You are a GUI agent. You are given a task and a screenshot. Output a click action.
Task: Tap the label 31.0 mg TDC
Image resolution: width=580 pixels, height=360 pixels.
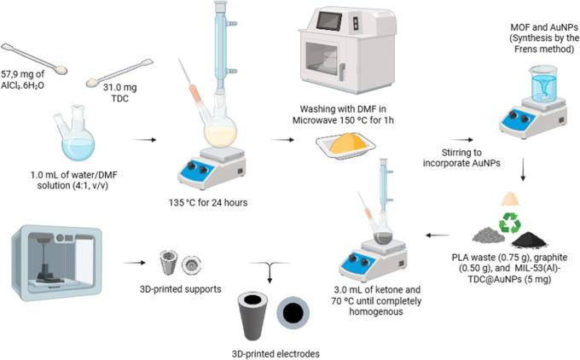tap(120, 93)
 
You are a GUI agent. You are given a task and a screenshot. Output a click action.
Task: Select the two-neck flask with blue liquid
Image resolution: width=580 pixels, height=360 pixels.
tap(75, 132)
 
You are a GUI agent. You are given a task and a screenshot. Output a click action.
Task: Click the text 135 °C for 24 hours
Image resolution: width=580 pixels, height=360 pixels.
tap(208, 202)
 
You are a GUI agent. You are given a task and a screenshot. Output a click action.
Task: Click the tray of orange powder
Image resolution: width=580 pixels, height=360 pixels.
tap(345, 145)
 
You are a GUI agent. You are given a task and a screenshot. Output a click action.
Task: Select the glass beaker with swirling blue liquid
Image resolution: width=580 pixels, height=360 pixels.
tap(543, 84)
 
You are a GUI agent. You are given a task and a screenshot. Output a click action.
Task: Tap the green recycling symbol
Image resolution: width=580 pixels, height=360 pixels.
tap(510, 222)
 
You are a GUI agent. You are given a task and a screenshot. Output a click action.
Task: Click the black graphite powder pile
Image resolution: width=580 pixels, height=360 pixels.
tap(529, 240)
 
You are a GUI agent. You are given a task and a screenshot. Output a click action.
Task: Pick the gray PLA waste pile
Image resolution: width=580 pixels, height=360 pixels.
tap(489, 235)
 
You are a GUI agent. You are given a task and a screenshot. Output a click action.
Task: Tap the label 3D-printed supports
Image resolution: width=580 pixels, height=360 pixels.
tap(181, 288)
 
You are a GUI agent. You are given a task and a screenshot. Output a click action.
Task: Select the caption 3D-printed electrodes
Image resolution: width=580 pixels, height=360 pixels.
tap(275, 354)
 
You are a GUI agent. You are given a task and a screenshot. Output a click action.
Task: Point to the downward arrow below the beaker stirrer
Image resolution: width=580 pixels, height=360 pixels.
tap(523, 170)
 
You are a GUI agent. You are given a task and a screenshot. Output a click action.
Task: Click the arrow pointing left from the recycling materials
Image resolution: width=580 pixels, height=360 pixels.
tap(438, 235)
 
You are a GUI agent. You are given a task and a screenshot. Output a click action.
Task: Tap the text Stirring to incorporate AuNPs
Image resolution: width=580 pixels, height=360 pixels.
tap(461, 158)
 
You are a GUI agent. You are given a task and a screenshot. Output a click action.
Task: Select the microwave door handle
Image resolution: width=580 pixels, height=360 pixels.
tap(343, 72)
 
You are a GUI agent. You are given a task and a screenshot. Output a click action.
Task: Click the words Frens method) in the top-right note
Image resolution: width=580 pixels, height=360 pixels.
tap(544, 49)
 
